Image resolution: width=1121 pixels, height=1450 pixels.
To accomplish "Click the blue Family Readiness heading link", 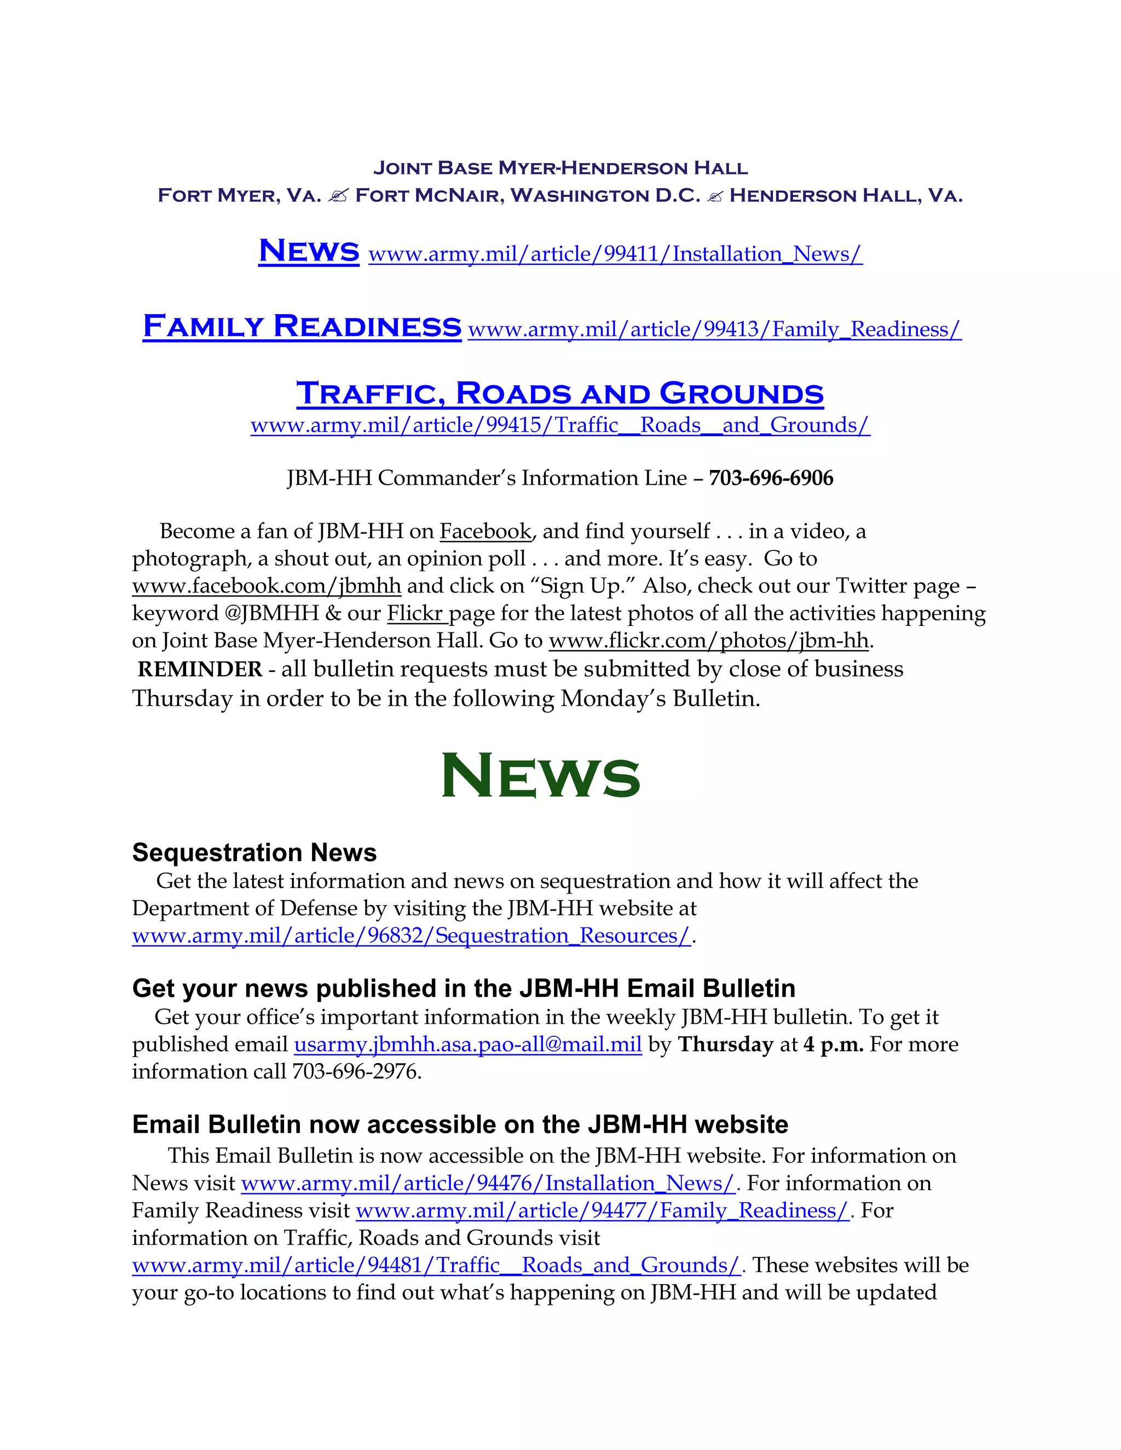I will point(302,326).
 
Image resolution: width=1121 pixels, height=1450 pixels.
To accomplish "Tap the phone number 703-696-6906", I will point(771,478).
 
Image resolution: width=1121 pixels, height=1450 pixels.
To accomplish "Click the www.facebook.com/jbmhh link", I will point(267,586).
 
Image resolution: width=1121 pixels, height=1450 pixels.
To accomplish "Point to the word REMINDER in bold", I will point(200,669).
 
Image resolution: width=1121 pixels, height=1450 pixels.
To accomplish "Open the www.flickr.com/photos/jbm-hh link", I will point(709,641).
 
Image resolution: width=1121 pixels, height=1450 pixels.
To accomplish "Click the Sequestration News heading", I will point(255,852).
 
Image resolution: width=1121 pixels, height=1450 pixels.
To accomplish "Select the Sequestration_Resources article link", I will point(412,936).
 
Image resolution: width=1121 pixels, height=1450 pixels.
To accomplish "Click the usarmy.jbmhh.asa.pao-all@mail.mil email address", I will point(467,1045).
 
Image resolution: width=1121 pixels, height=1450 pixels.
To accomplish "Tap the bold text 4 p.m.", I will point(833,1045).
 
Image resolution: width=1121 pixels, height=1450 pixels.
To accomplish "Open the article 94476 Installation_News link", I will point(488,1183).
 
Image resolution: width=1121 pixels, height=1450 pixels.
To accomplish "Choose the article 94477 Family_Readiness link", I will point(602,1210).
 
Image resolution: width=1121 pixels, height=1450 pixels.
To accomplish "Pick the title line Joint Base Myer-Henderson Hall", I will point(560,168).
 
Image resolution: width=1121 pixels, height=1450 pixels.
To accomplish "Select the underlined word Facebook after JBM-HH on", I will point(486,532).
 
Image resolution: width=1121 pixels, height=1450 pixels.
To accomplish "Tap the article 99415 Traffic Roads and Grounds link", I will point(560,425).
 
